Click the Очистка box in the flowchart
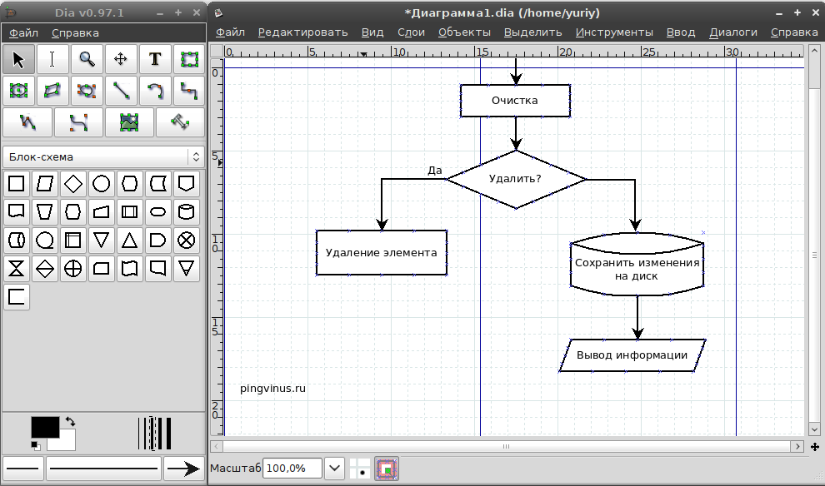click(x=514, y=101)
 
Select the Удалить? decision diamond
click(x=515, y=179)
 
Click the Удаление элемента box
click(x=382, y=253)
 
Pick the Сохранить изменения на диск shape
click(x=637, y=269)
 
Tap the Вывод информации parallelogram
click(x=632, y=355)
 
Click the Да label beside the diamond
click(x=434, y=171)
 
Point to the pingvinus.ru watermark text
click(x=272, y=388)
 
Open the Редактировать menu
click(x=302, y=32)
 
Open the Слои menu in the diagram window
click(x=411, y=32)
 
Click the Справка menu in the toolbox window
click(x=75, y=33)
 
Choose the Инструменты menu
click(x=614, y=32)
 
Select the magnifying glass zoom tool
click(x=87, y=59)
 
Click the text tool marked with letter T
click(x=155, y=59)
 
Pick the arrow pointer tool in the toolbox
click(x=19, y=59)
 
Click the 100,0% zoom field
click(x=292, y=468)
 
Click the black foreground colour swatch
click(x=45, y=426)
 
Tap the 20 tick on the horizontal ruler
click(x=565, y=52)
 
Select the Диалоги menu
click(x=733, y=32)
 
